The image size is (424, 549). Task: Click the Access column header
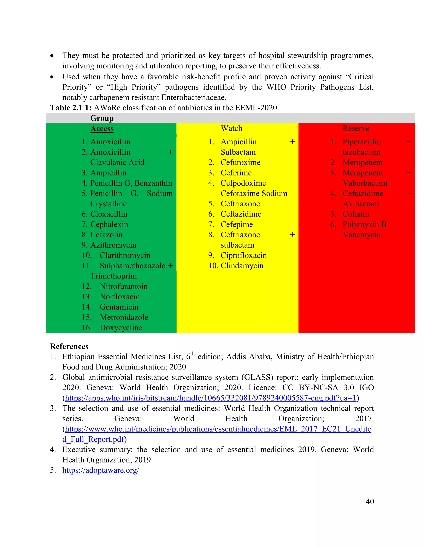[x=102, y=128]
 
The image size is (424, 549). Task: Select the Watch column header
[x=231, y=128]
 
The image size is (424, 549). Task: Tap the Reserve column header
[x=356, y=128]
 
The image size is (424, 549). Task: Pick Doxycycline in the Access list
[x=121, y=328]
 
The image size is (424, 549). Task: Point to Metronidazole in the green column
[x=124, y=317]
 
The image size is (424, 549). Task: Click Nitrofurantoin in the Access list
[x=124, y=286]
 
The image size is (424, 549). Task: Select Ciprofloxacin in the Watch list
[x=244, y=255]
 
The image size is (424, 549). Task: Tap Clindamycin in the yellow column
[x=242, y=266]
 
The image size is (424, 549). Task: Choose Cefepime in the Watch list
[x=237, y=225]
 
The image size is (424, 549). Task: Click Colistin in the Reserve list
[x=356, y=214]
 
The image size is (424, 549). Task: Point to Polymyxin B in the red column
[x=364, y=225]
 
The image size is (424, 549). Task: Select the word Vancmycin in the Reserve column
[x=362, y=235]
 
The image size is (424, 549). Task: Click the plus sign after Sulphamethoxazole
[x=170, y=266]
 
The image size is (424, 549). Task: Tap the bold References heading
[x=69, y=346]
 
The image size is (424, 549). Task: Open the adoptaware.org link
[x=101, y=470]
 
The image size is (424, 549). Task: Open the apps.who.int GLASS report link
[x=211, y=398]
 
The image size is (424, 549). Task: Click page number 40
[x=370, y=502]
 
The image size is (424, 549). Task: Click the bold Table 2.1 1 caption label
[x=71, y=108]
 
